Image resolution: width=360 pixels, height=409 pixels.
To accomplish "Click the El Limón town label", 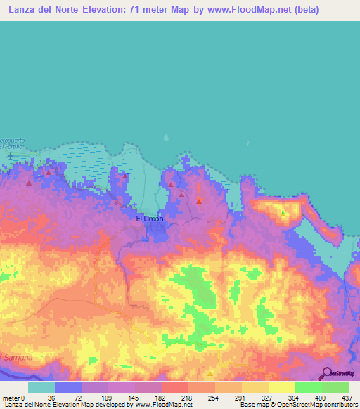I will point(149,219).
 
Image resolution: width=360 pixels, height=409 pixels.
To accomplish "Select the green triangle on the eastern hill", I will point(283,212).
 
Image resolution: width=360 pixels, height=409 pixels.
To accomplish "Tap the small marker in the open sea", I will point(166,138).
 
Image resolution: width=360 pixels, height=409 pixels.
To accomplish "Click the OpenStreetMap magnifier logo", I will point(326,373).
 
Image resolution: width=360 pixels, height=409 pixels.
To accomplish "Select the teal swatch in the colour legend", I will point(41,387).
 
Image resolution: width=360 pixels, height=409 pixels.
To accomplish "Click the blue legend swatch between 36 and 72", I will point(68,387).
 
